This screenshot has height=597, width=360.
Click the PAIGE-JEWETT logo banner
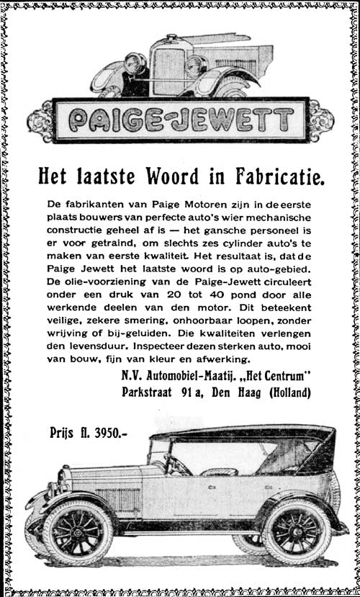(180, 120)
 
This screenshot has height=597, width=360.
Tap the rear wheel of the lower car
(296, 531)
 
